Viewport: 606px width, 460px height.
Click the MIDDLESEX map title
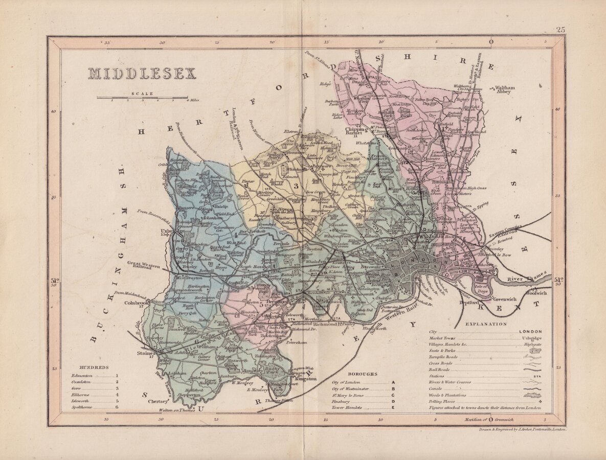pos(142,74)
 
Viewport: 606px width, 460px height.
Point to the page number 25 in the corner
pos(560,30)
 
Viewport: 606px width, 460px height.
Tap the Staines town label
pos(146,353)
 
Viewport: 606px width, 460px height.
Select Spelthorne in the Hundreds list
pos(83,407)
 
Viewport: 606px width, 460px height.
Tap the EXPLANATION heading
pos(486,324)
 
